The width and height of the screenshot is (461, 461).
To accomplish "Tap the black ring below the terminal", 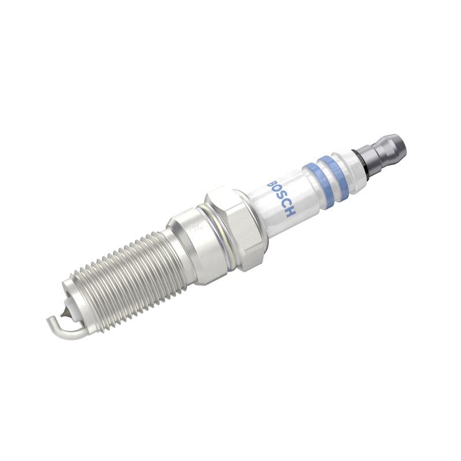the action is [360, 161].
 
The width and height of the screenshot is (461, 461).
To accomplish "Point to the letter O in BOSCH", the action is [277, 191].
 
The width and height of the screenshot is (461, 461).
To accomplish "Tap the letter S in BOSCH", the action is [281, 198].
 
